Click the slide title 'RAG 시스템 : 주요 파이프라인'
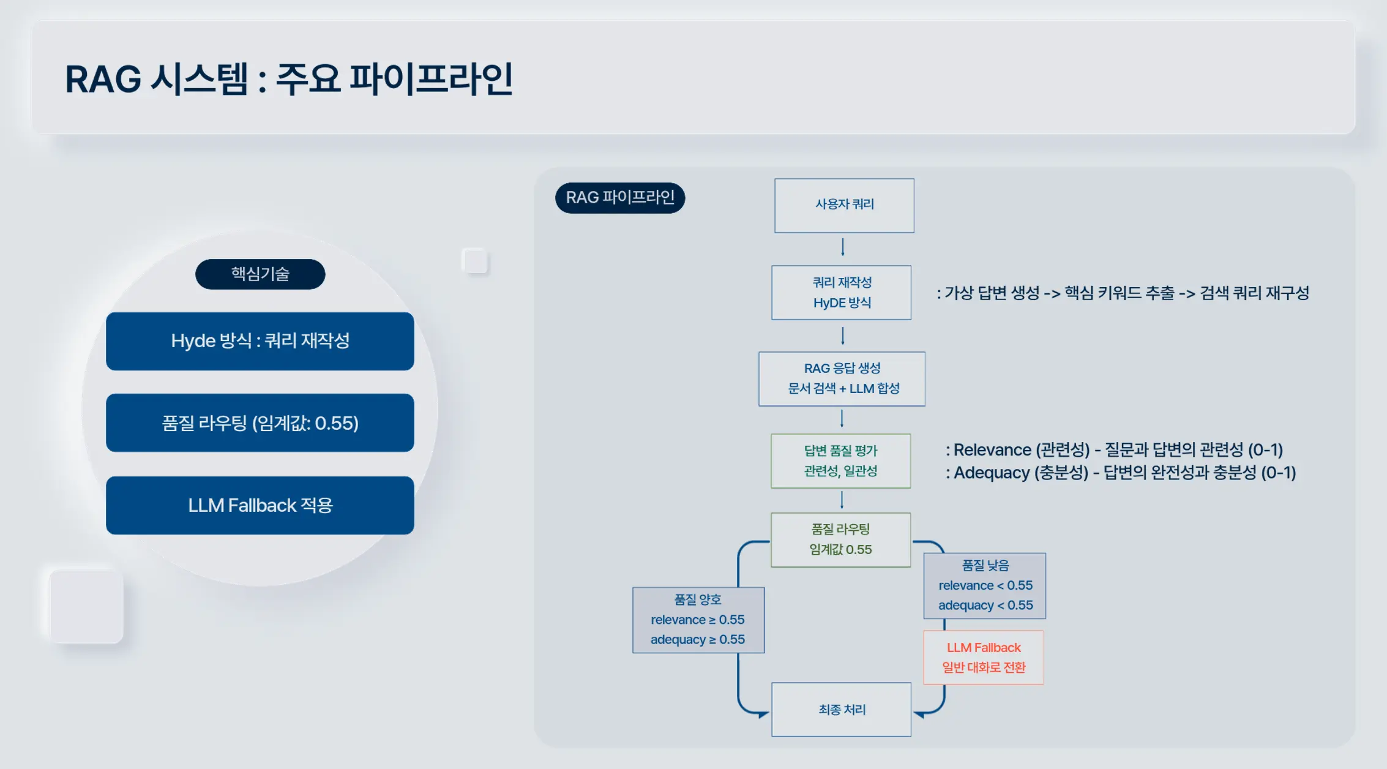pos(289,80)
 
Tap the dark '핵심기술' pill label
pos(260,274)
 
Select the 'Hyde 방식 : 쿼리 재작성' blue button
pos(260,341)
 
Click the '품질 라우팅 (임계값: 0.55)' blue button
pos(260,423)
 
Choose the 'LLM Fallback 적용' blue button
pos(260,506)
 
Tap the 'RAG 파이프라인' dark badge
pos(619,198)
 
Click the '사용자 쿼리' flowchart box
pos(844,205)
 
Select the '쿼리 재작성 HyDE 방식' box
pos(842,293)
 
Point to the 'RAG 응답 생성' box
pos(842,378)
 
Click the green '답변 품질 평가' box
pos(840,461)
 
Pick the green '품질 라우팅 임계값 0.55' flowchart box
pos(840,539)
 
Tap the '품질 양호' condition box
pos(698,620)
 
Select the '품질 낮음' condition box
pos(985,585)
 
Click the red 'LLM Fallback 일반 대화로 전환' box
pos(984,658)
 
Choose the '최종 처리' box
pos(842,710)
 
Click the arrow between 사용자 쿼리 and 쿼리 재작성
pos(843,247)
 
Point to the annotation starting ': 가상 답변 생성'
pos(1123,293)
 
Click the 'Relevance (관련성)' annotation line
pos(1114,450)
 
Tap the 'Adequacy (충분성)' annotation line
pos(1121,473)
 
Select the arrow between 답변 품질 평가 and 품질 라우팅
pos(842,500)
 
